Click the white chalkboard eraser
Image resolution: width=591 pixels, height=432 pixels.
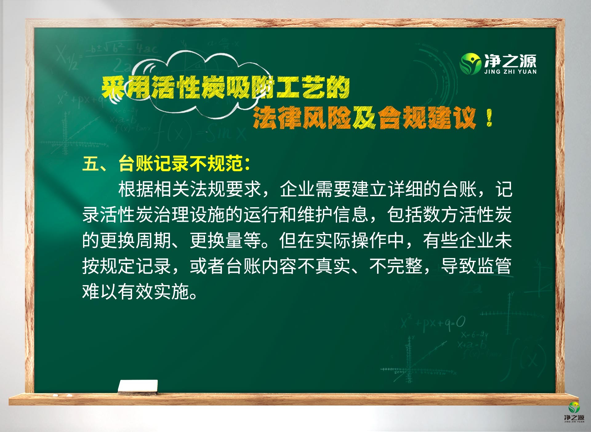pos(138,387)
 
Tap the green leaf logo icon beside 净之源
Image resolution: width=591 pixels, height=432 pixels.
pos(470,64)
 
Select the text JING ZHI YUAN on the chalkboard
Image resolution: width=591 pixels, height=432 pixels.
pos(510,72)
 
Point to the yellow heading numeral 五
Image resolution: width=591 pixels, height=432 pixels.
pos(91,164)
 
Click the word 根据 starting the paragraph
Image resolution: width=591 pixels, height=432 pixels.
pos(136,189)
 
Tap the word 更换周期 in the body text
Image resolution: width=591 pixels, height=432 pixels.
pos(136,240)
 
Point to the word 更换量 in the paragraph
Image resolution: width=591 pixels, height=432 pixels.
pos(216,240)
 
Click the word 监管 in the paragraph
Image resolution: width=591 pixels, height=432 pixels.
pos(494,266)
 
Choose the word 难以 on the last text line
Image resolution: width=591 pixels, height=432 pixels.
pos(100,292)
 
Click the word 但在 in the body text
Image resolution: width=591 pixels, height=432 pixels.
pos(297,240)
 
